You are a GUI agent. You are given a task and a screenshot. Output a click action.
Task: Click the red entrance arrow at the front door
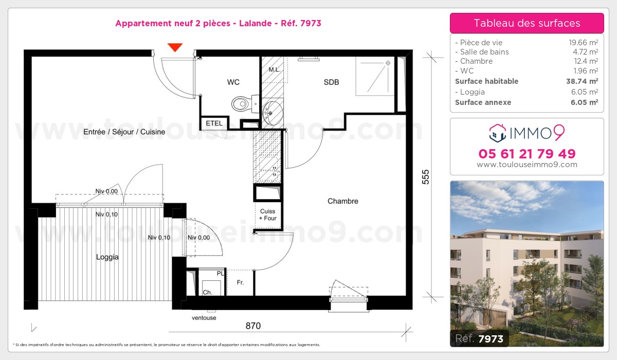pyautogui.click(x=175, y=47)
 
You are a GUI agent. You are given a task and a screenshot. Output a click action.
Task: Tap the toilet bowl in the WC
pyautogui.click(x=240, y=104)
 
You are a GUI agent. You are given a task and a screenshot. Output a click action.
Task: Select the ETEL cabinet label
pyautogui.click(x=214, y=123)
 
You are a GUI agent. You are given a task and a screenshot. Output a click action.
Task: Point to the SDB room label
pyautogui.click(x=331, y=82)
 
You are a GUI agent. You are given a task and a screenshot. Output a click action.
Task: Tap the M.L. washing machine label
pyautogui.click(x=274, y=69)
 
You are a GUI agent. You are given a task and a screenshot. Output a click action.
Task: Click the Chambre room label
pyautogui.click(x=342, y=201)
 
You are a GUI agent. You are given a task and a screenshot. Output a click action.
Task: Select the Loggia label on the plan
pyautogui.click(x=107, y=257)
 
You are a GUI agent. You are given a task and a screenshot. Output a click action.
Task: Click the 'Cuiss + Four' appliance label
pyautogui.click(x=268, y=214)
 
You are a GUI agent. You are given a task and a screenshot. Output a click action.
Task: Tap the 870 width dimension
pyautogui.click(x=253, y=326)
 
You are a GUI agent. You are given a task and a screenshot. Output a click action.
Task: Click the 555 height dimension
pyautogui.click(x=425, y=177)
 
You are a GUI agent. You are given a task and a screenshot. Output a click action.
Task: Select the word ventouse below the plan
pyautogui.click(x=204, y=318)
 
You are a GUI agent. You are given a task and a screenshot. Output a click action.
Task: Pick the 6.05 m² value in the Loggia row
pyautogui.click(x=586, y=92)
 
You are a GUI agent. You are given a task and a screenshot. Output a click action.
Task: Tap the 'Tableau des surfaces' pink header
pyautogui.click(x=527, y=23)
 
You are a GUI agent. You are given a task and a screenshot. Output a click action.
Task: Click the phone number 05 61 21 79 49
pyautogui.click(x=527, y=154)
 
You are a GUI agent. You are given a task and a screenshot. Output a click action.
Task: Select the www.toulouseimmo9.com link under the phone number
pyautogui.click(x=527, y=165)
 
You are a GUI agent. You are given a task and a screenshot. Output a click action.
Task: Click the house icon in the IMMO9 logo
pyautogui.click(x=498, y=133)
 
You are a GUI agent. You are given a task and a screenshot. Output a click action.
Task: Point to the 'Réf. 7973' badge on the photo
pyautogui.click(x=480, y=338)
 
